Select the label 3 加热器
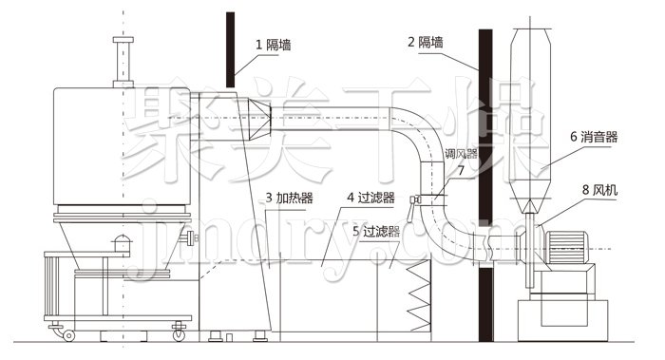291,198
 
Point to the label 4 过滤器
371,198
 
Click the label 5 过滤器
374,230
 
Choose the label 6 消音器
594,137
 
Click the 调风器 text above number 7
461,152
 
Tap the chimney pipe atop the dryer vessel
120,62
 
